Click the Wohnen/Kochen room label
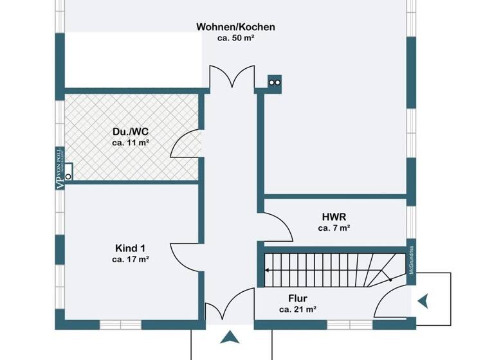[235, 27]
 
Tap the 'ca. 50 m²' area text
[235, 38]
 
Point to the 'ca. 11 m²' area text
[131, 142]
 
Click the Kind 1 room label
[131, 248]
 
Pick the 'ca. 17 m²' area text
[131, 259]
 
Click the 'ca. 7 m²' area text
[334, 228]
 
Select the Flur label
[297, 298]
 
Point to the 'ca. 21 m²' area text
[297, 309]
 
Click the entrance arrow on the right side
[423, 300]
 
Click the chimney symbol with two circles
[275, 82]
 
